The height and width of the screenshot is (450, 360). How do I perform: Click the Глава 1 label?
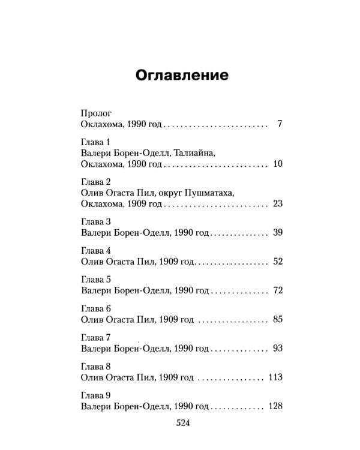coord(95,143)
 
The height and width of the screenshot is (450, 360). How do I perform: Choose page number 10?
coord(277,164)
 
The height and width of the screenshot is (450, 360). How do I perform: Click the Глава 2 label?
coord(95,182)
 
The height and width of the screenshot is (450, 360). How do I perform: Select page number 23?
coord(277,203)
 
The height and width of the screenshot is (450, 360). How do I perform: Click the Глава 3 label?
coord(95,221)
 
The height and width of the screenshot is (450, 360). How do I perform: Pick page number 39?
coord(277,232)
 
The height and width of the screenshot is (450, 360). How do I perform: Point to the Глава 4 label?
coord(95,250)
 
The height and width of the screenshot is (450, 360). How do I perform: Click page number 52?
coord(277,261)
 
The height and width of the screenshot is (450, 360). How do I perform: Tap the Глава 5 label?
coord(95,279)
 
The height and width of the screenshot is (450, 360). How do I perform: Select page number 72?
coord(277,290)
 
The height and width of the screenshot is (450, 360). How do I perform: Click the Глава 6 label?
coord(95,308)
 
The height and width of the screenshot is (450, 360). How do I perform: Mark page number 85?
coord(277,319)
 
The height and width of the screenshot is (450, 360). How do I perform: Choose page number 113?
coord(275,377)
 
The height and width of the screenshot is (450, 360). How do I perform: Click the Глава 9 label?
coord(95,395)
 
